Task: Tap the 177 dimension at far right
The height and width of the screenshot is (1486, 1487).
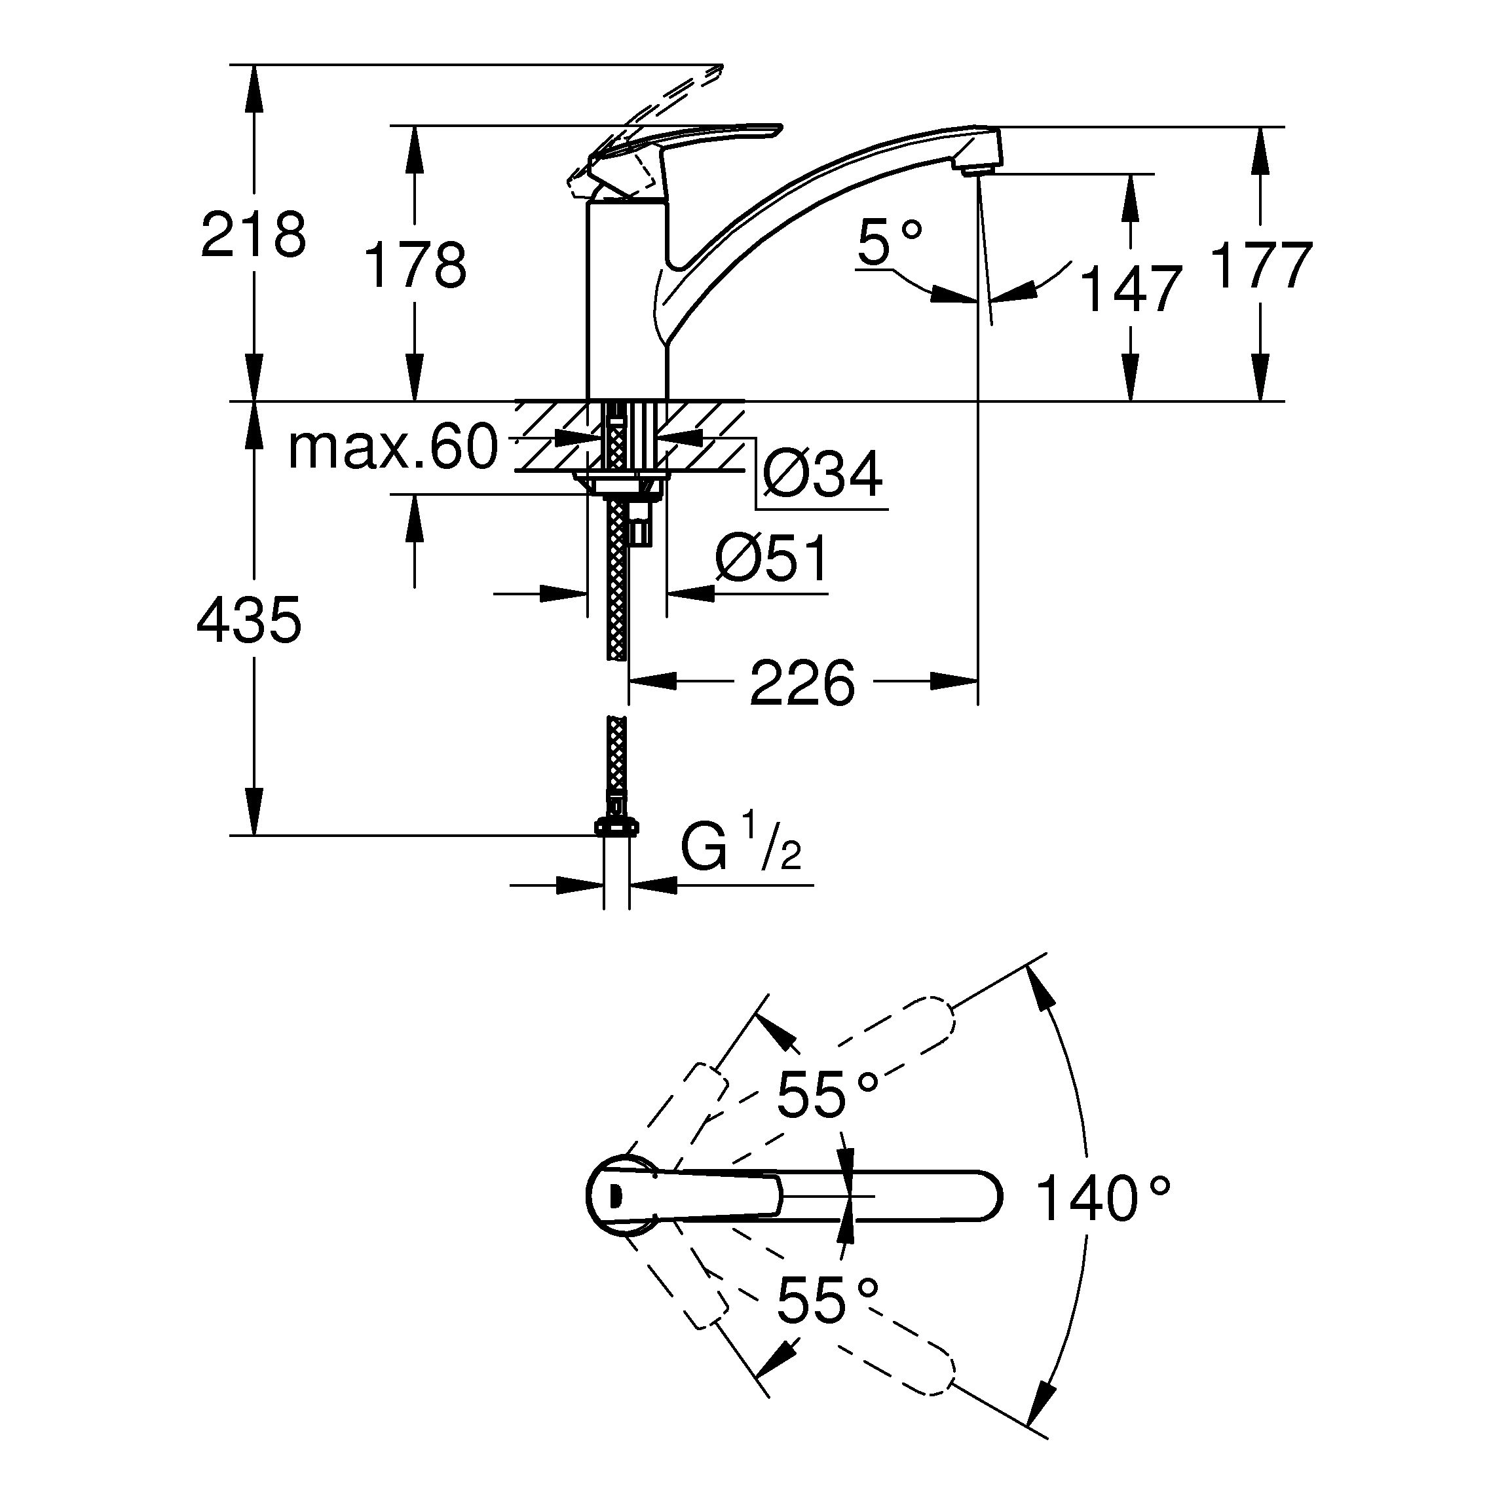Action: click(x=1261, y=265)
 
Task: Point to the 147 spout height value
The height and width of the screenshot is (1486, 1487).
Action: click(x=1130, y=289)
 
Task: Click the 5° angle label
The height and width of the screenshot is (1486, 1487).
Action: click(x=889, y=242)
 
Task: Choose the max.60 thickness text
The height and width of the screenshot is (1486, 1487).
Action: click(x=392, y=448)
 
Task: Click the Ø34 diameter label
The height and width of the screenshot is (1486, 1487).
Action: click(x=822, y=474)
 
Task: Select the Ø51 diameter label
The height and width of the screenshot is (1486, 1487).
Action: click(x=772, y=559)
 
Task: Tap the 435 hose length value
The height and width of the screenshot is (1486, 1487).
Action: click(x=249, y=620)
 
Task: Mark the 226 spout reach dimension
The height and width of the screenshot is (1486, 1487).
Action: click(x=802, y=682)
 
